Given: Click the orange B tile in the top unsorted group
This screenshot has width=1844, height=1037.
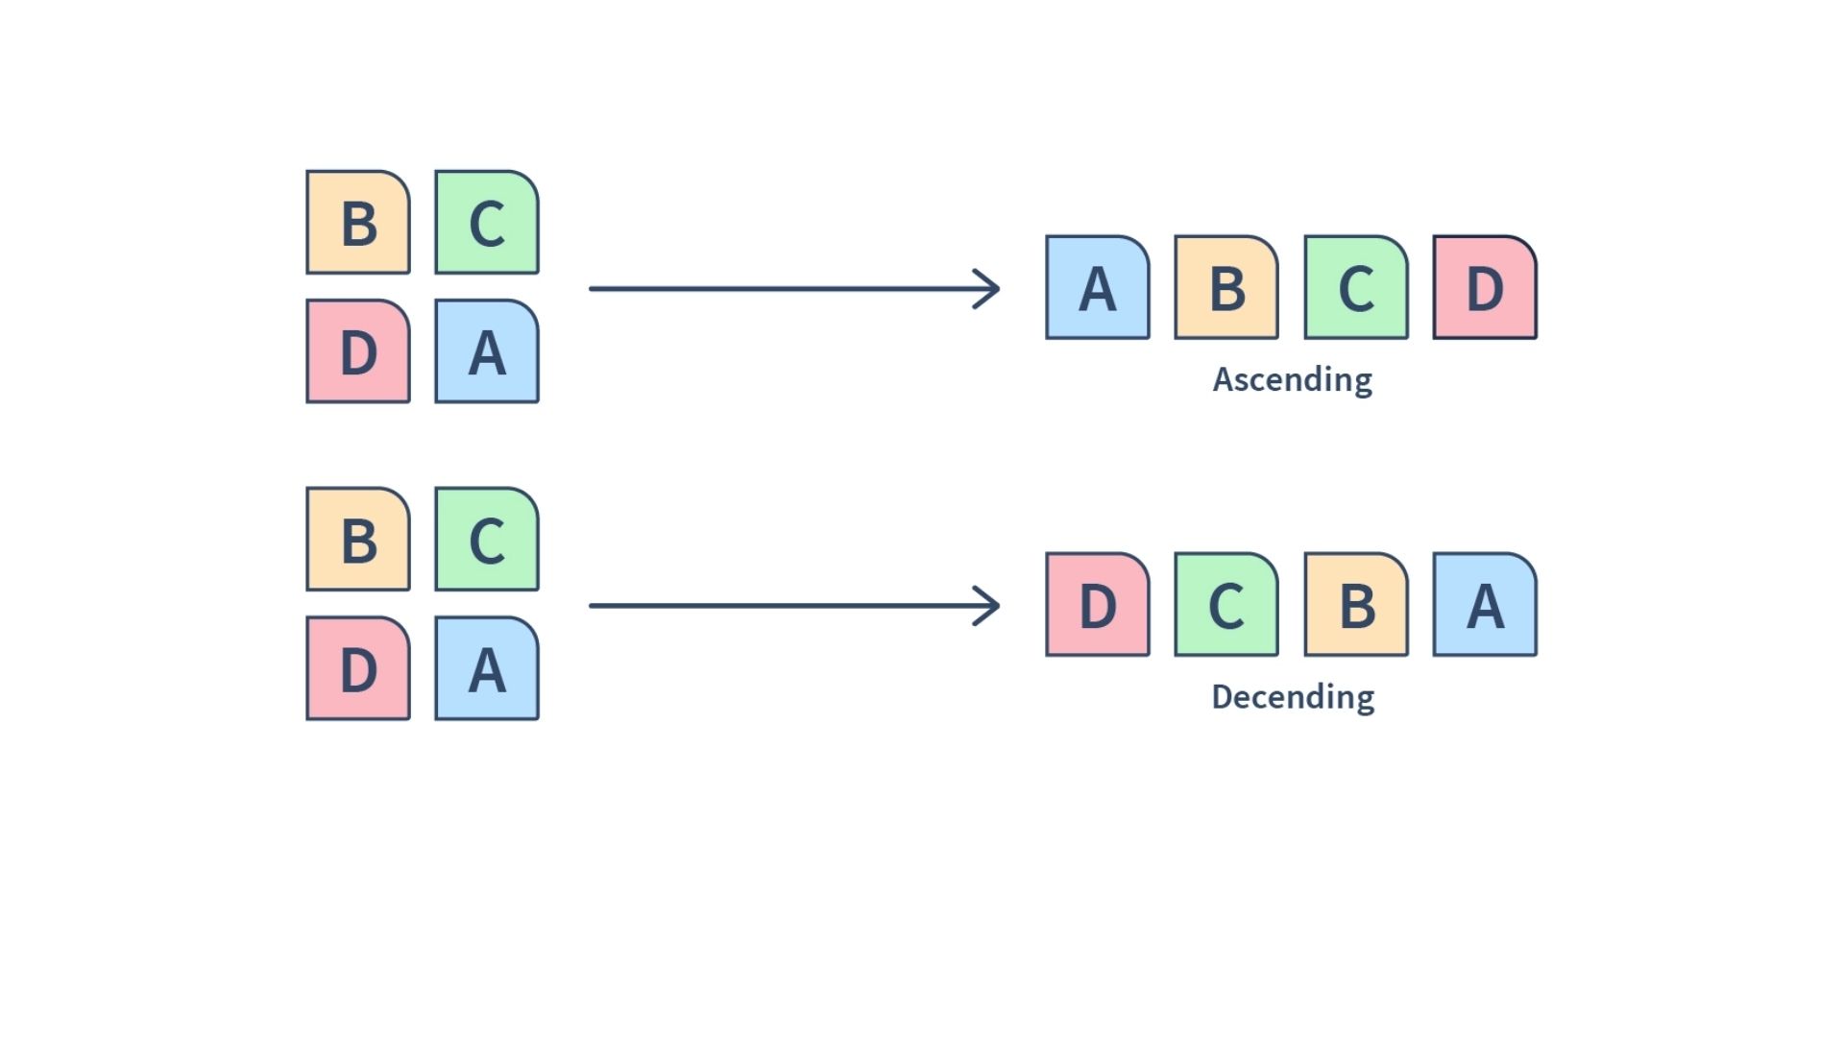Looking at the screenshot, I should [x=358, y=223].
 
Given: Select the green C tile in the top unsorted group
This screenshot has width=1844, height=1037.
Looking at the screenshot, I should [x=487, y=223].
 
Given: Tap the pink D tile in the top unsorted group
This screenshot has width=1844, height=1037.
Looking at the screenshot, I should [x=358, y=351].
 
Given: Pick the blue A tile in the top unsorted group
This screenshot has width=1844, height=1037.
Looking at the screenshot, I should [x=487, y=351].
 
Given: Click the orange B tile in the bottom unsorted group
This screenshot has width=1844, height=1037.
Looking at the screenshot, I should [x=358, y=540].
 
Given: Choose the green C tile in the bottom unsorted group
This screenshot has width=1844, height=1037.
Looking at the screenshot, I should [x=487, y=540].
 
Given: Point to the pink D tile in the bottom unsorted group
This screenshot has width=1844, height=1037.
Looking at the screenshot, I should [x=358, y=668].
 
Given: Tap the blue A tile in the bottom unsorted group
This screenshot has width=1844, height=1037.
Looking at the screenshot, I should [x=487, y=668].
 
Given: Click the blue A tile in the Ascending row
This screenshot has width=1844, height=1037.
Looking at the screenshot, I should [x=1098, y=287].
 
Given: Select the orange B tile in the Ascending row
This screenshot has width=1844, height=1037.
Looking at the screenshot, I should [x=1226, y=287].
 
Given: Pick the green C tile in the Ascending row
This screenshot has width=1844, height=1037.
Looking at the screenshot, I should [x=1356, y=287].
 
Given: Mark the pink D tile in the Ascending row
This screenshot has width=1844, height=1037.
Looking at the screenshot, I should [x=1485, y=287].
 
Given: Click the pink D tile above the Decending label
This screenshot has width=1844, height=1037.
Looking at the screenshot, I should [x=1098, y=605].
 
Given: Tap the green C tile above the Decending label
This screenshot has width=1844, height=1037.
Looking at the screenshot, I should [x=1226, y=605].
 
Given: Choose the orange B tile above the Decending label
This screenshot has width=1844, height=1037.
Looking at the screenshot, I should [x=1356, y=605].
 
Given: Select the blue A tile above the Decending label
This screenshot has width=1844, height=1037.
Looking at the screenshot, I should [x=1485, y=605].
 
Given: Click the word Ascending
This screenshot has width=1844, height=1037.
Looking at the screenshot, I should [x=1293, y=380].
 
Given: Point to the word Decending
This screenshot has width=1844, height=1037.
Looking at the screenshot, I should [x=1293, y=697].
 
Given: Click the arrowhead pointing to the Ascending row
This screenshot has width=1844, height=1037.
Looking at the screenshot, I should [x=989, y=288].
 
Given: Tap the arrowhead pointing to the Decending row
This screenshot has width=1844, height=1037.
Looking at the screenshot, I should [x=989, y=606].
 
